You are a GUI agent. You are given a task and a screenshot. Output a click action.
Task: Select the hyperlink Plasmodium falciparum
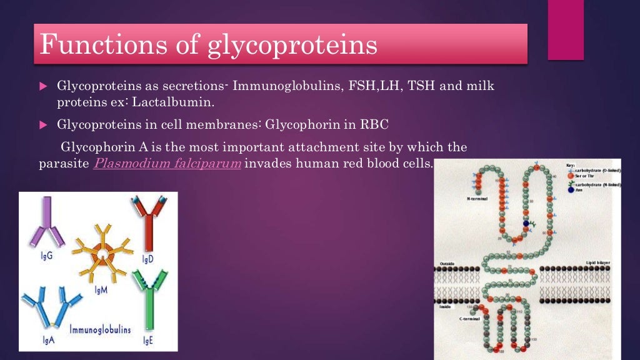click(x=167, y=164)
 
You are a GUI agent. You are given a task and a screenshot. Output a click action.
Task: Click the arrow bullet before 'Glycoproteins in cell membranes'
click(x=43, y=125)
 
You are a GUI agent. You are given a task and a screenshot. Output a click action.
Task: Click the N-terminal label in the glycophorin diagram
click(x=478, y=199)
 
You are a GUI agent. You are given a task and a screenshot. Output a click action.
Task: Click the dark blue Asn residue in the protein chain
click(x=526, y=222)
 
